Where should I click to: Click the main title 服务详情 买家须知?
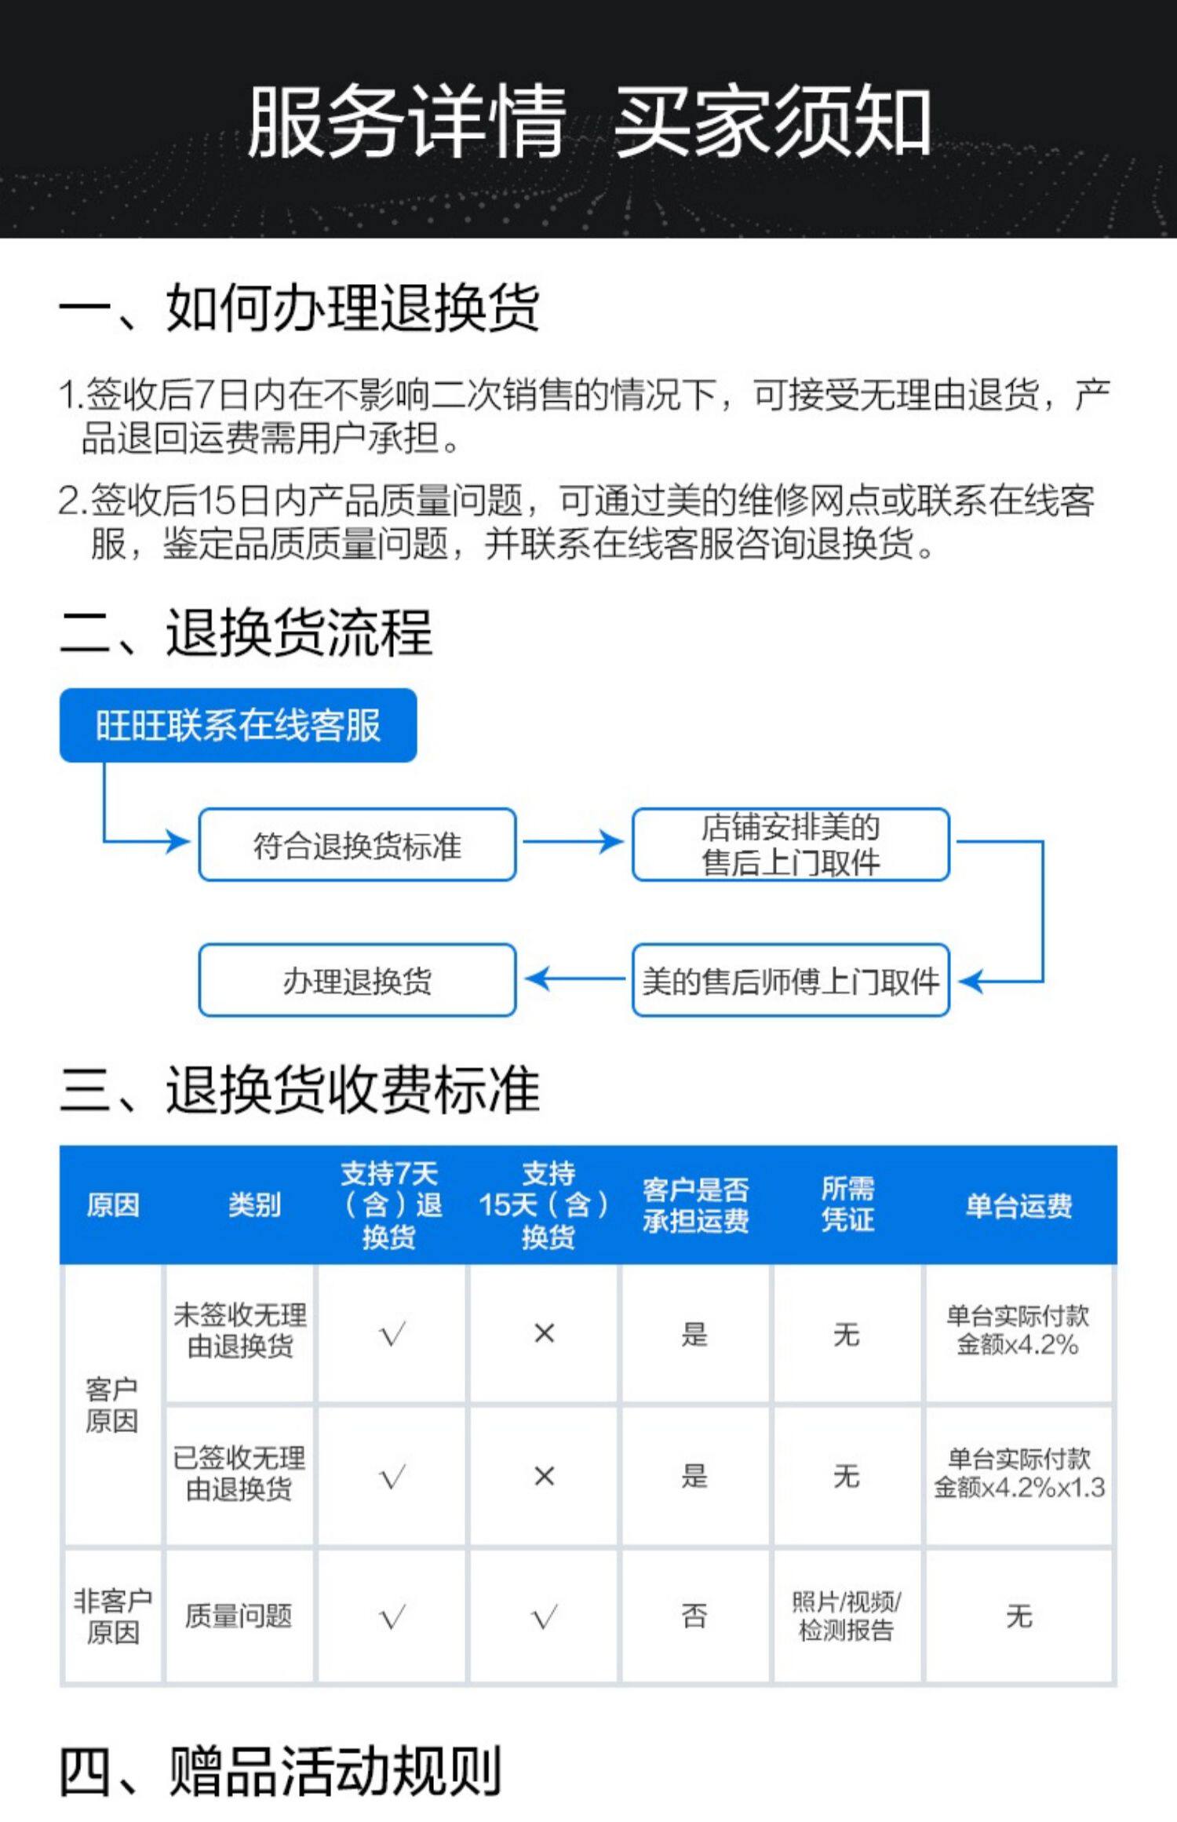point(588,122)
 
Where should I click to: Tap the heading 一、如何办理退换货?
point(299,308)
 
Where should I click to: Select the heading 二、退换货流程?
point(246,632)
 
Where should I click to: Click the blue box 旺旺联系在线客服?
point(238,725)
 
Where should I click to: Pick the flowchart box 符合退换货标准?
point(357,845)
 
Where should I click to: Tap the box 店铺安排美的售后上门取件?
point(790,845)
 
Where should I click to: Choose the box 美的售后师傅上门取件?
point(790,981)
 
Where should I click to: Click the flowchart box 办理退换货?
point(357,981)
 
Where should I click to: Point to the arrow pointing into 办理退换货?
point(573,979)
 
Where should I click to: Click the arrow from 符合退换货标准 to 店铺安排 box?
point(573,842)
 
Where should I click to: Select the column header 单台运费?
point(1018,1205)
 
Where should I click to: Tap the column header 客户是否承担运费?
point(695,1205)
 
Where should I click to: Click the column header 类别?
point(254,1205)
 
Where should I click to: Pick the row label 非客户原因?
point(112,1616)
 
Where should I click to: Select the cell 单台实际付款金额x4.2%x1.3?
point(1018,1474)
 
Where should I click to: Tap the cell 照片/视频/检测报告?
point(846,1616)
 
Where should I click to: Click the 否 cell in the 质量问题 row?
point(694,1616)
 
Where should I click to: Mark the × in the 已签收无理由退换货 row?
point(544,1476)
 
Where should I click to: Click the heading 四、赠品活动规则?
point(280,1770)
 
